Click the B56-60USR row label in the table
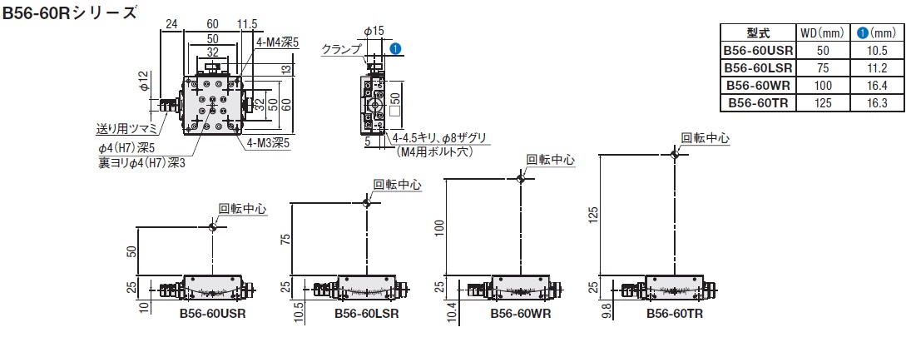click(757, 51)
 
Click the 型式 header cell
click(758, 33)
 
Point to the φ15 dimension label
click(374, 31)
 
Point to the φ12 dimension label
click(143, 81)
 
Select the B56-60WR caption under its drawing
click(520, 315)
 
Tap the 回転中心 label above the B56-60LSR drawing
click(397, 185)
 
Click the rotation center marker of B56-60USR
click(215, 226)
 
